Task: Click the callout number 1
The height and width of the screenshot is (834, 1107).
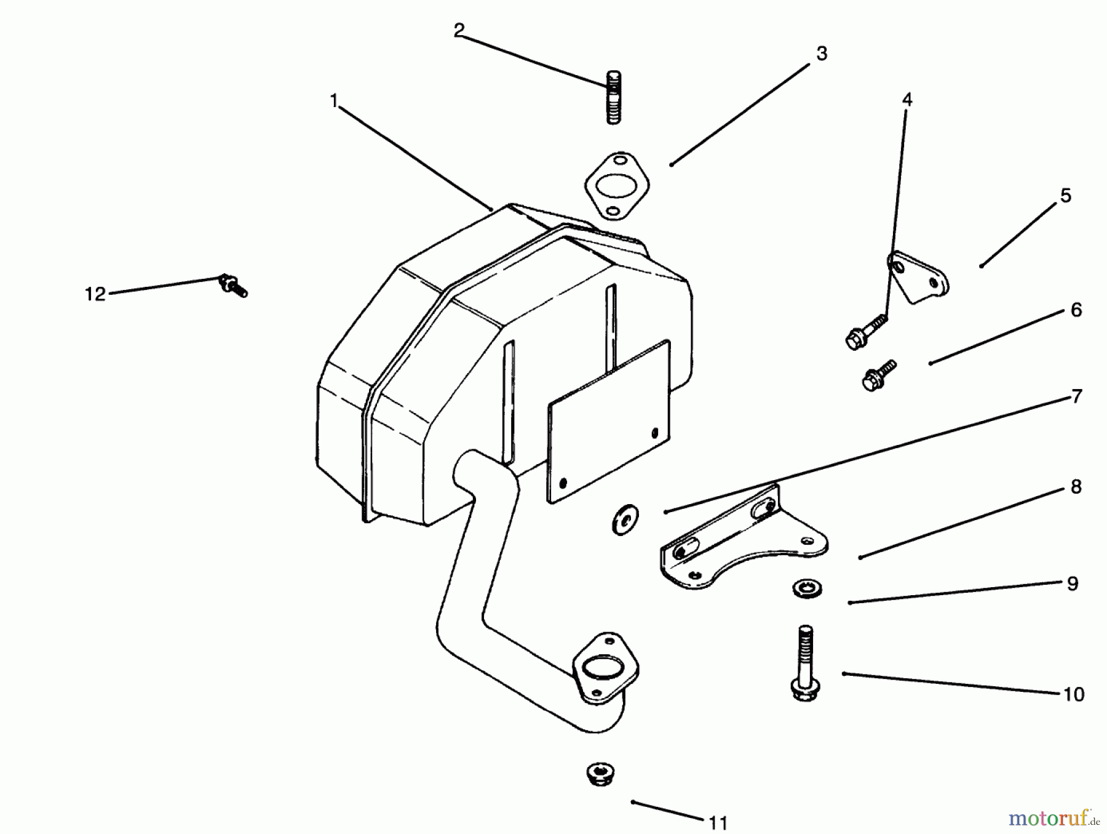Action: [334, 101]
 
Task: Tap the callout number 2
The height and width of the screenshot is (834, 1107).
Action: [459, 31]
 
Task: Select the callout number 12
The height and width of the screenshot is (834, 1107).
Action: [95, 295]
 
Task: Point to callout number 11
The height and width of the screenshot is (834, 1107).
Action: [718, 822]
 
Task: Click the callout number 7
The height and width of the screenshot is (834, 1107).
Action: [1076, 397]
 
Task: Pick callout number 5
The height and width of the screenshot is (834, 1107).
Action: [1065, 196]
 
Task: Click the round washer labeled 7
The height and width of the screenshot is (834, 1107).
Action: [625, 519]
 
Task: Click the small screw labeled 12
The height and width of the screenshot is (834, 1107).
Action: [232, 286]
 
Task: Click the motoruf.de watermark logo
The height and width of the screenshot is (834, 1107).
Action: [1052, 818]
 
